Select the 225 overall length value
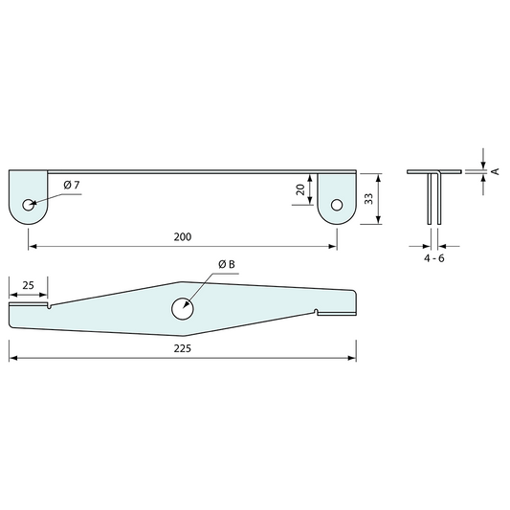pyautogui.click(x=183, y=348)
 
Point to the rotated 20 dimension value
pyautogui.click(x=300, y=190)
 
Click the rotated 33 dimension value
pyautogui.click(x=367, y=199)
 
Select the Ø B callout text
pyautogui.click(x=227, y=264)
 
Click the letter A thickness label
pyautogui.click(x=495, y=171)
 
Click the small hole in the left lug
pyautogui.click(x=30, y=203)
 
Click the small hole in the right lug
pyautogui.click(x=336, y=203)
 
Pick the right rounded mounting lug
pyautogui.click(x=336, y=198)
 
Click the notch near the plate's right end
pyautogui.click(x=317, y=311)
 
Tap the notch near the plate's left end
pyautogui.click(x=49, y=306)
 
